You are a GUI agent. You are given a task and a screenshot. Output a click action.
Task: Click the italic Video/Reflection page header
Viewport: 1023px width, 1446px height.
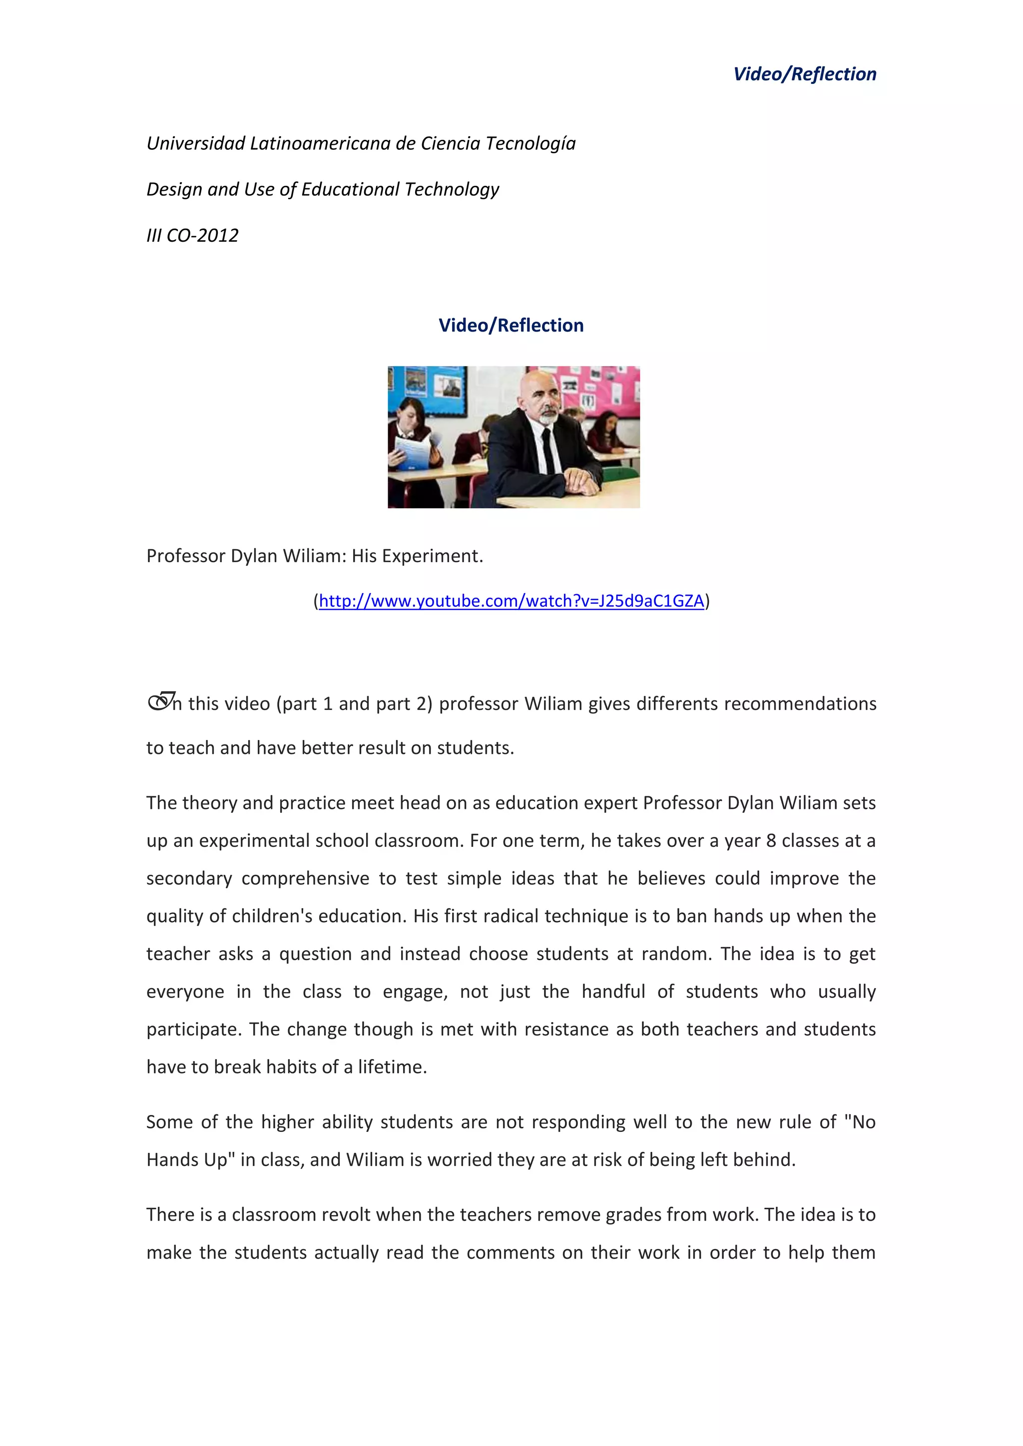tap(804, 74)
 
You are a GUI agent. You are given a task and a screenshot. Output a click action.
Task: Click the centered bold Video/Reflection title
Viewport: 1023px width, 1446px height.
tap(511, 326)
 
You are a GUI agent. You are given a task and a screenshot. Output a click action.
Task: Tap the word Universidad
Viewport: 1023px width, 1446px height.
tap(196, 144)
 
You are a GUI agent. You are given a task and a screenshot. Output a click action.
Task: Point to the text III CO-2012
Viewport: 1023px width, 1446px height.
tap(192, 236)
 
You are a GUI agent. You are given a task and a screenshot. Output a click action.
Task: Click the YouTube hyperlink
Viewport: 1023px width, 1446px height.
tap(511, 601)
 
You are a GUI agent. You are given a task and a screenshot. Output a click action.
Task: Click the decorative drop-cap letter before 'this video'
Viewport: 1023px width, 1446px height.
tap(161, 702)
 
